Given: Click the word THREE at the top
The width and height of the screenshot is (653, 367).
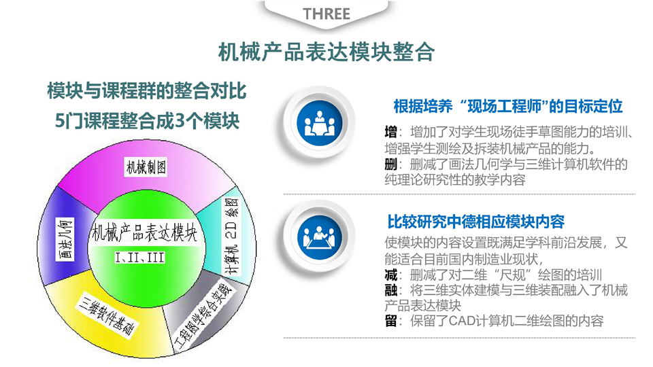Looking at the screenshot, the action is click(x=326, y=14).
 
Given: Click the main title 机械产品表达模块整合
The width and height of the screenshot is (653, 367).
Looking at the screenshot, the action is click(x=326, y=52).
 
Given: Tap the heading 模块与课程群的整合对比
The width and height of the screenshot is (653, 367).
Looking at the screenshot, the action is click(x=147, y=91).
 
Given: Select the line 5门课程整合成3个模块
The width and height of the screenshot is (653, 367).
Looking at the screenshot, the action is click(x=148, y=121).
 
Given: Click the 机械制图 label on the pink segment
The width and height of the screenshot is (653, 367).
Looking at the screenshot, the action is click(x=146, y=167).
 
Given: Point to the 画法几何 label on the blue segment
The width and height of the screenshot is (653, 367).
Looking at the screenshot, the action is click(x=65, y=239).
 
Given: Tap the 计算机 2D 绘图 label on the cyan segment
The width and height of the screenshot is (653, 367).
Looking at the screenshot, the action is click(x=231, y=236).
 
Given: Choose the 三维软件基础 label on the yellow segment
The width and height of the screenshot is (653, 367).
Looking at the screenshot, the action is click(x=107, y=315).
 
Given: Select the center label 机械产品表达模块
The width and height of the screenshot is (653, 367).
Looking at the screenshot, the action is click(x=144, y=232).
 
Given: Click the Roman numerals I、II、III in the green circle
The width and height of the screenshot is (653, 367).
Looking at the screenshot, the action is click(x=140, y=258).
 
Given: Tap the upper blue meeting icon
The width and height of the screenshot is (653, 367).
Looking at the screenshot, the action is click(x=320, y=124).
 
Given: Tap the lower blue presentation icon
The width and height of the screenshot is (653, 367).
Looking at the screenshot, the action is click(x=320, y=238).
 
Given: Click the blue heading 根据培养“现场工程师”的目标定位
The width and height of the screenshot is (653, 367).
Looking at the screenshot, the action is click(x=507, y=107).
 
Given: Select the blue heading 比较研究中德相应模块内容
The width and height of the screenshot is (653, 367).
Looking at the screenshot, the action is click(x=475, y=222).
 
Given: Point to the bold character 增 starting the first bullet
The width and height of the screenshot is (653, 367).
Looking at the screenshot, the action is click(x=390, y=133).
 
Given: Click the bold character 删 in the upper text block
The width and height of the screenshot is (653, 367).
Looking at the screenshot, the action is click(x=390, y=164).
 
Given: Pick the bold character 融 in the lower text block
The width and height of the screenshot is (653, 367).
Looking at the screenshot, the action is click(x=390, y=290).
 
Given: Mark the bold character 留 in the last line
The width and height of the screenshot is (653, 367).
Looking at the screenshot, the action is click(x=390, y=321).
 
